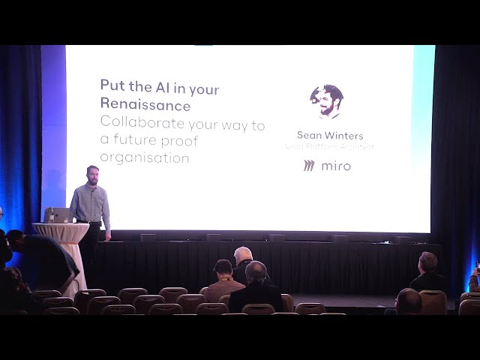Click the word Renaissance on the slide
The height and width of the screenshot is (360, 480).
145,105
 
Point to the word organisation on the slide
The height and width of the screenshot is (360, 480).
145,158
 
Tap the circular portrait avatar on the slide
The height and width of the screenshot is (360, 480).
326,101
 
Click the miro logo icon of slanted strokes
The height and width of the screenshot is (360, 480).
309,166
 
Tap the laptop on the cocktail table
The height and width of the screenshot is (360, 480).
58,215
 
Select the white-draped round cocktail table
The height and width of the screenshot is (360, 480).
61,247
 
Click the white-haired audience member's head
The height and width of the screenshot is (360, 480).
242,256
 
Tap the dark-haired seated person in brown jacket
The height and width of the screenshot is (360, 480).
223,278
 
